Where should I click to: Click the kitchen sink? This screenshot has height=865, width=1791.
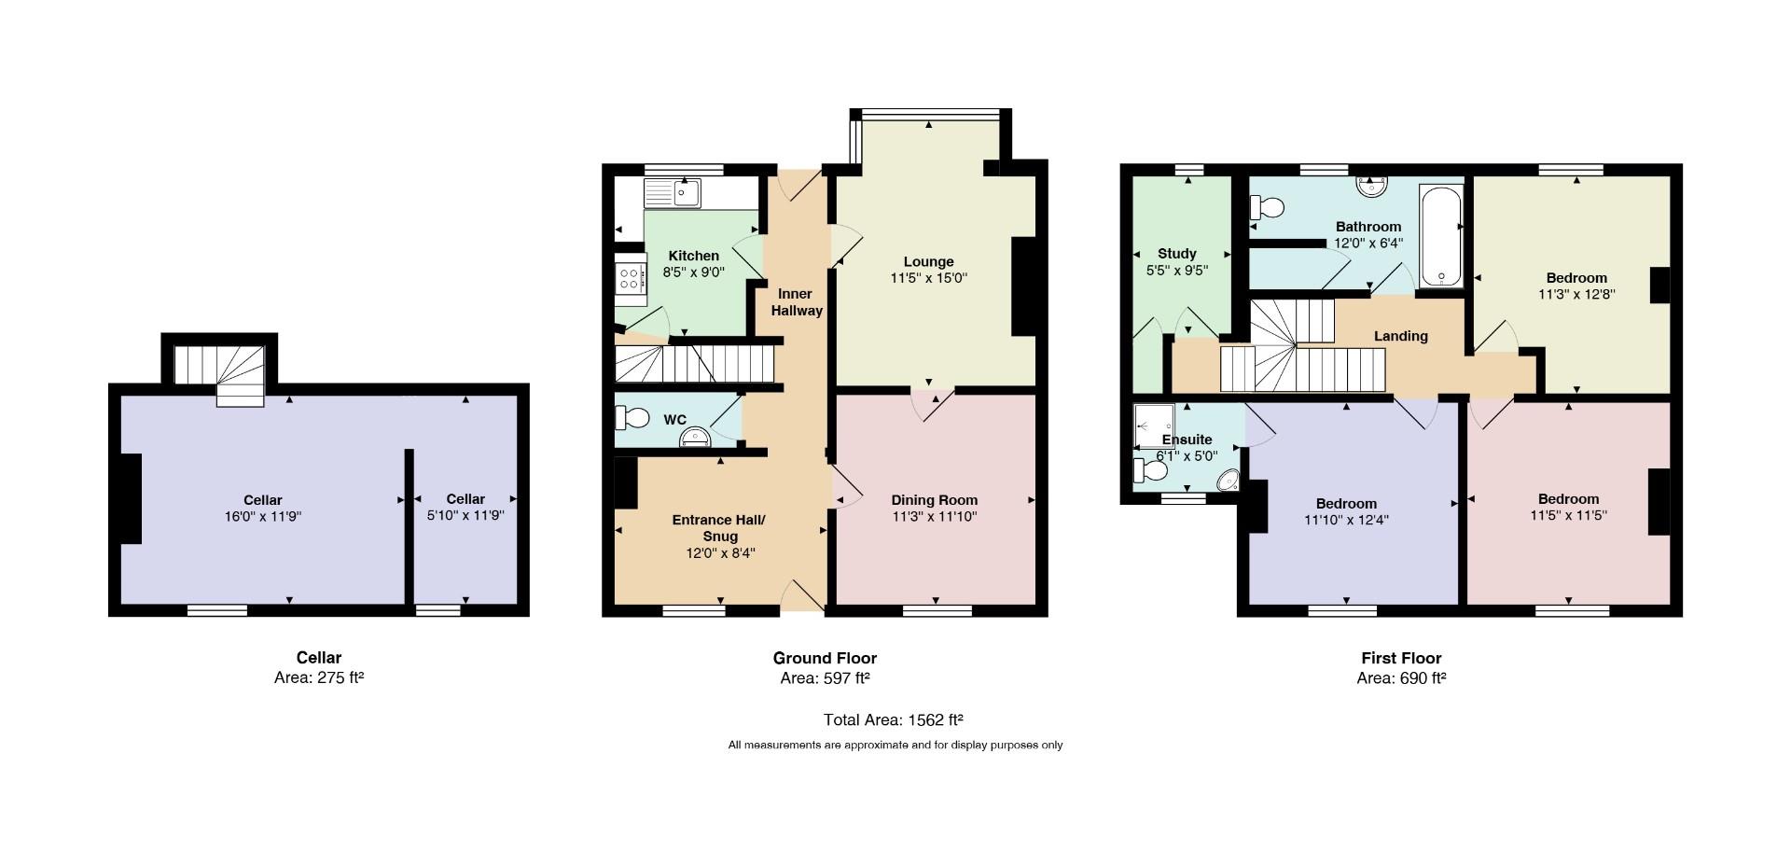click(x=672, y=194)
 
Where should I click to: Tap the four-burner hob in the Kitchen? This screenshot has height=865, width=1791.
click(x=630, y=277)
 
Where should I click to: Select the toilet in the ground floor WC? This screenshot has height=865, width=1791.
click(x=632, y=418)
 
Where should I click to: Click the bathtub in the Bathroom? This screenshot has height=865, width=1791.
click(x=1441, y=235)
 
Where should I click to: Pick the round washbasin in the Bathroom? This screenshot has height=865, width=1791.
click(x=1371, y=186)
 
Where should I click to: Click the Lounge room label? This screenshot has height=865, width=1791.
click(x=928, y=261)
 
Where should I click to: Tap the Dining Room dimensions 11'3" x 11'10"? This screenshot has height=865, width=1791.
click(x=934, y=516)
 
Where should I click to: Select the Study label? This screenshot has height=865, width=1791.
click(x=1177, y=253)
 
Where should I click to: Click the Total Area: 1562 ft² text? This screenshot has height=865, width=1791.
click(x=893, y=719)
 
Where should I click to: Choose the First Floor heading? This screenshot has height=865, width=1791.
click(x=1401, y=658)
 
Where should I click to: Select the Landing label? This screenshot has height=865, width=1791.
click(x=1401, y=336)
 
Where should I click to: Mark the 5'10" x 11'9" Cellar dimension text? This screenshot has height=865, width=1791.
click(x=465, y=515)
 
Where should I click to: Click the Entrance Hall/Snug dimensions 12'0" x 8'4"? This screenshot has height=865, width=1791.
click(x=720, y=552)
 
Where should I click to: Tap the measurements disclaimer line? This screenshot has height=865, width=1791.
click(x=895, y=745)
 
